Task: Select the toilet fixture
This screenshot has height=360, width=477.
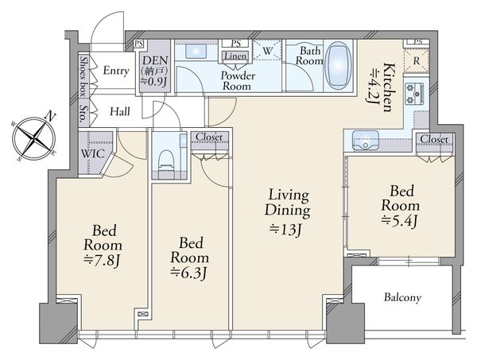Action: point(166,162)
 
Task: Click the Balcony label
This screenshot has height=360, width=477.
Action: point(402,297)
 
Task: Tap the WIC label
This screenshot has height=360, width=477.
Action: point(92,153)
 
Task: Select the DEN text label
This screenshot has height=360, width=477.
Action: point(155,60)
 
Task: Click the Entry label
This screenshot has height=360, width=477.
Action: point(116,71)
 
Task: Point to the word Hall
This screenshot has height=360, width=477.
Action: point(120,112)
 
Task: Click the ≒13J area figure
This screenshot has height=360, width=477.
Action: point(285,230)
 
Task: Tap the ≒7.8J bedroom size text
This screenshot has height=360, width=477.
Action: point(103,261)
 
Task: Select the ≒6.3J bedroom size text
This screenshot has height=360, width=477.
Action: point(189,273)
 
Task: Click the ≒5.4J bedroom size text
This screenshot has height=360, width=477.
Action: point(400,220)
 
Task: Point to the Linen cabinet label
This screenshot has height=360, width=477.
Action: point(236,56)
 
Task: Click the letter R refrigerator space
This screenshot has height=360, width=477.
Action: point(416,60)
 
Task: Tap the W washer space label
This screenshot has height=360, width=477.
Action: point(267,51)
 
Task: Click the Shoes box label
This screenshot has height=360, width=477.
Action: point(83,76)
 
